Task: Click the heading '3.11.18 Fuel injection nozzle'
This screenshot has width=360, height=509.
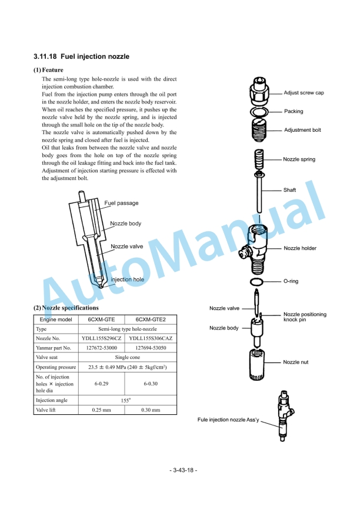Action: click(82, 56)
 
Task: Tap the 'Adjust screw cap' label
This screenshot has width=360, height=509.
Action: click(304, 93)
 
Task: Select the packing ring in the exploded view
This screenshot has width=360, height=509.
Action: click(259, 112)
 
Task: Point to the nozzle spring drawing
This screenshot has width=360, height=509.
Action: click(259, 159)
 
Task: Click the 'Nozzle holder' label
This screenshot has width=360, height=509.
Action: click(300, 248)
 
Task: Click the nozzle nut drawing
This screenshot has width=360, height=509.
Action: click(257, 364)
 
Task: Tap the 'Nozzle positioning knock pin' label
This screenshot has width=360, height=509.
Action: click(305, 317)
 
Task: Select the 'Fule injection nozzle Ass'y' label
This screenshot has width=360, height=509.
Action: click(228, 420)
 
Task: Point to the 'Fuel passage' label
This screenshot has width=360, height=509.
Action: click(121, 203)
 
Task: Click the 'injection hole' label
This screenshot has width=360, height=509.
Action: click(127, 280)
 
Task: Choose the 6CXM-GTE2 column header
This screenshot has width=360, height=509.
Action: click(151, 320)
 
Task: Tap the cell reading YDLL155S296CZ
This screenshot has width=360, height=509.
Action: click(101, 338)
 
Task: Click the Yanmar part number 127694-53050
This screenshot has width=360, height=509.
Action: click(151, 348)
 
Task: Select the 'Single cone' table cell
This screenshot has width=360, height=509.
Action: click(128, 357)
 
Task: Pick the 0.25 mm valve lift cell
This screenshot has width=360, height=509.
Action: click(101, 410)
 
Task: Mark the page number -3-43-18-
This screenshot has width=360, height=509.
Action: click(184, 470)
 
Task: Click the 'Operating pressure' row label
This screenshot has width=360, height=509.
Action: click(56, 367)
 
